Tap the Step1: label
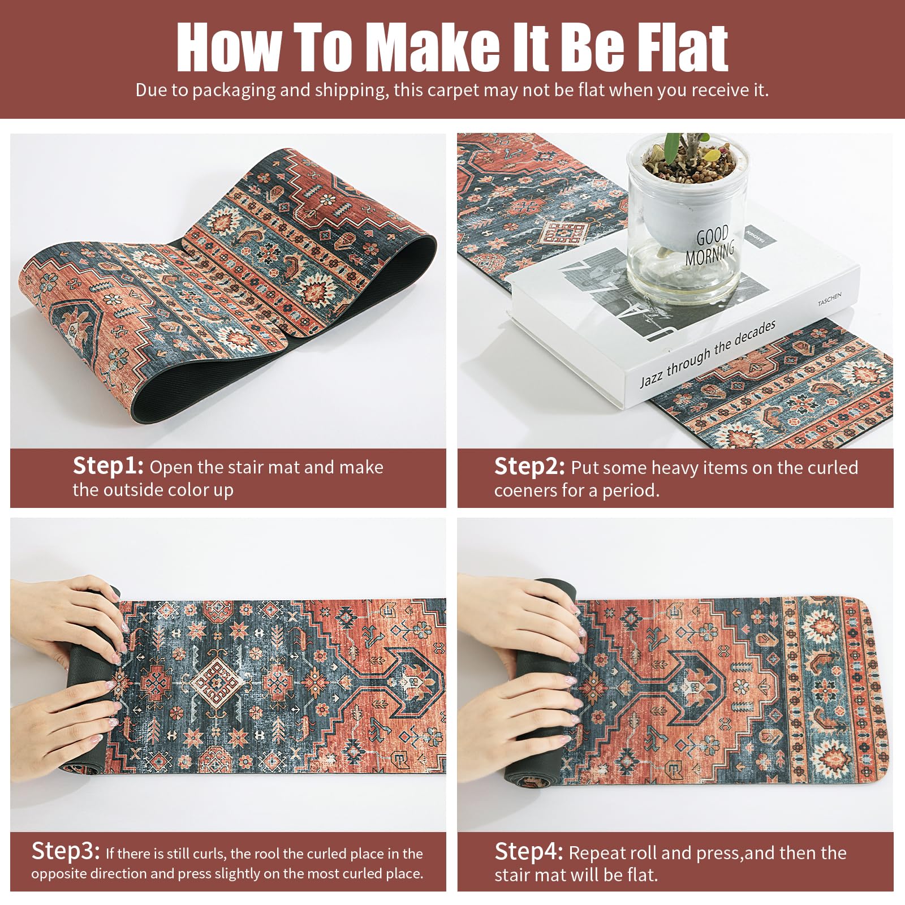click(108, 466)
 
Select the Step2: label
click(529, 467)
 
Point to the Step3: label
click(66, 851)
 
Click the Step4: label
click(529, 852)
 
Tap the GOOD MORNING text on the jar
click(710, 245)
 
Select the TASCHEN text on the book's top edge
click(829, 299)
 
